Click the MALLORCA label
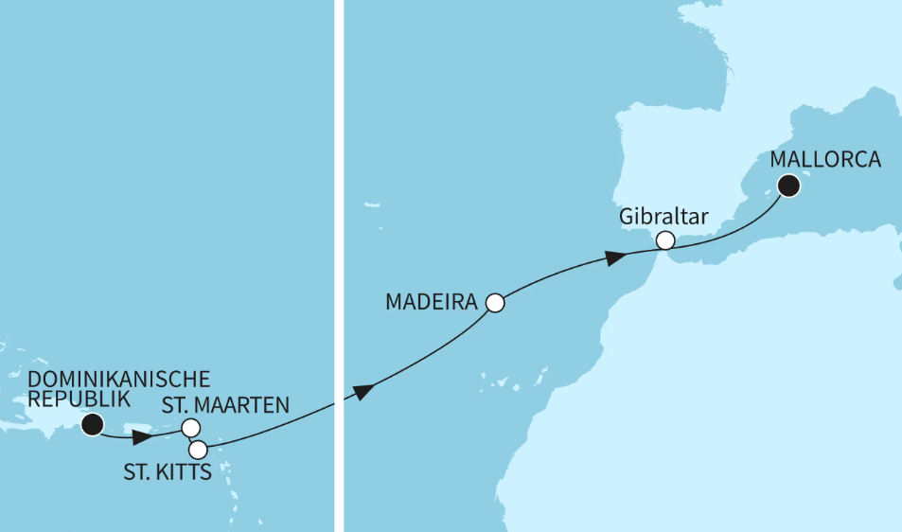825,160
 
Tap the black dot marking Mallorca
788,186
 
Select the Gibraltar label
663,217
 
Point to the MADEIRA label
431,303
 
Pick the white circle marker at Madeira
494,304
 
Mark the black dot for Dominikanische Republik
92,425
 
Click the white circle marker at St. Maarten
190,428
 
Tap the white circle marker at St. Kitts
198,450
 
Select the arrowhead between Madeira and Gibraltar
616,257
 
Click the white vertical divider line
340,189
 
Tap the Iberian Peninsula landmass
681,161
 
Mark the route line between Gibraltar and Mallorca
729,236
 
